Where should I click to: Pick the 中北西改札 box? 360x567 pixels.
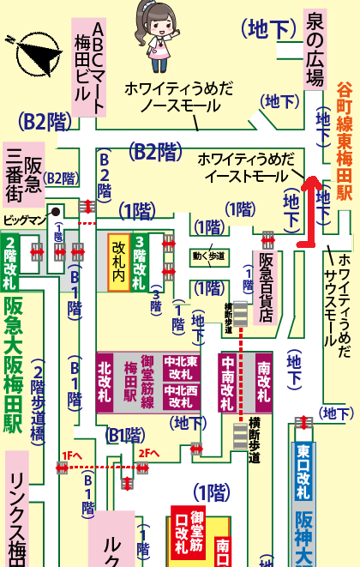(x=182, y=396)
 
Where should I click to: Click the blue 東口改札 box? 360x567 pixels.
(x=302, y=472)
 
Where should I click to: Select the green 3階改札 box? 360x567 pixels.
(x=137, y=262)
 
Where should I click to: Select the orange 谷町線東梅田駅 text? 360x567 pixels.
(x=344, y=154)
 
